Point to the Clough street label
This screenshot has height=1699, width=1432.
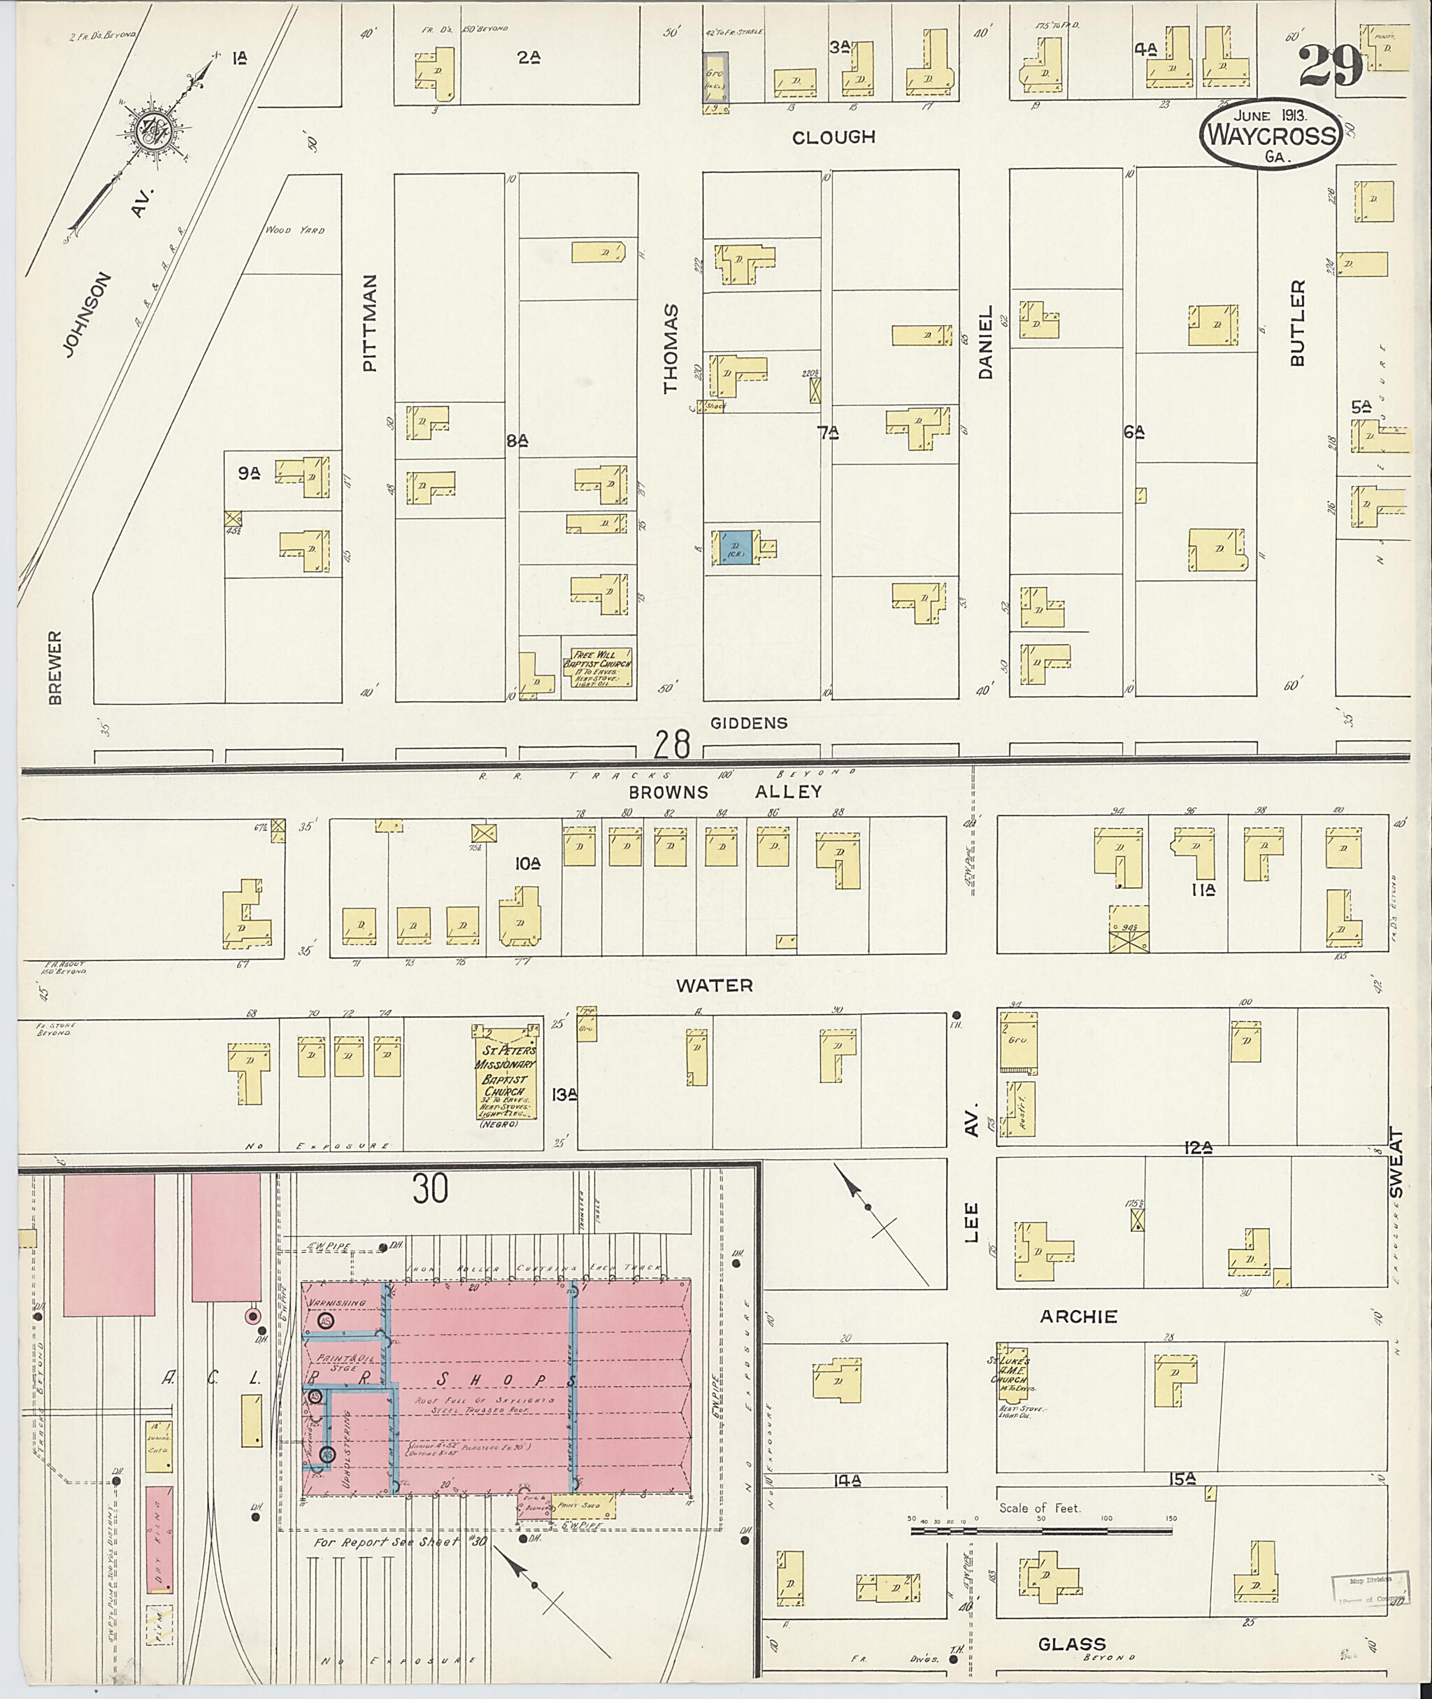point(833,137)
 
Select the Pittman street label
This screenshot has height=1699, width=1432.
point(370,323)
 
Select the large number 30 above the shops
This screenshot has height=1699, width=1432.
point(430,1190)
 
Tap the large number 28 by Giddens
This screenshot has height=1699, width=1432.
point(673,743)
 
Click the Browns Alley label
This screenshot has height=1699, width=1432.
point(725,791)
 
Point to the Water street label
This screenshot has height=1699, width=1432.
point(715,985)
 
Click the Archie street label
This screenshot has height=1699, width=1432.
point(1079,1316)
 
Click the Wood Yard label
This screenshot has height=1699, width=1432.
point(294,230)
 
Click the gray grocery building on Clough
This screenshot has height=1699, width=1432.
point(715,77)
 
